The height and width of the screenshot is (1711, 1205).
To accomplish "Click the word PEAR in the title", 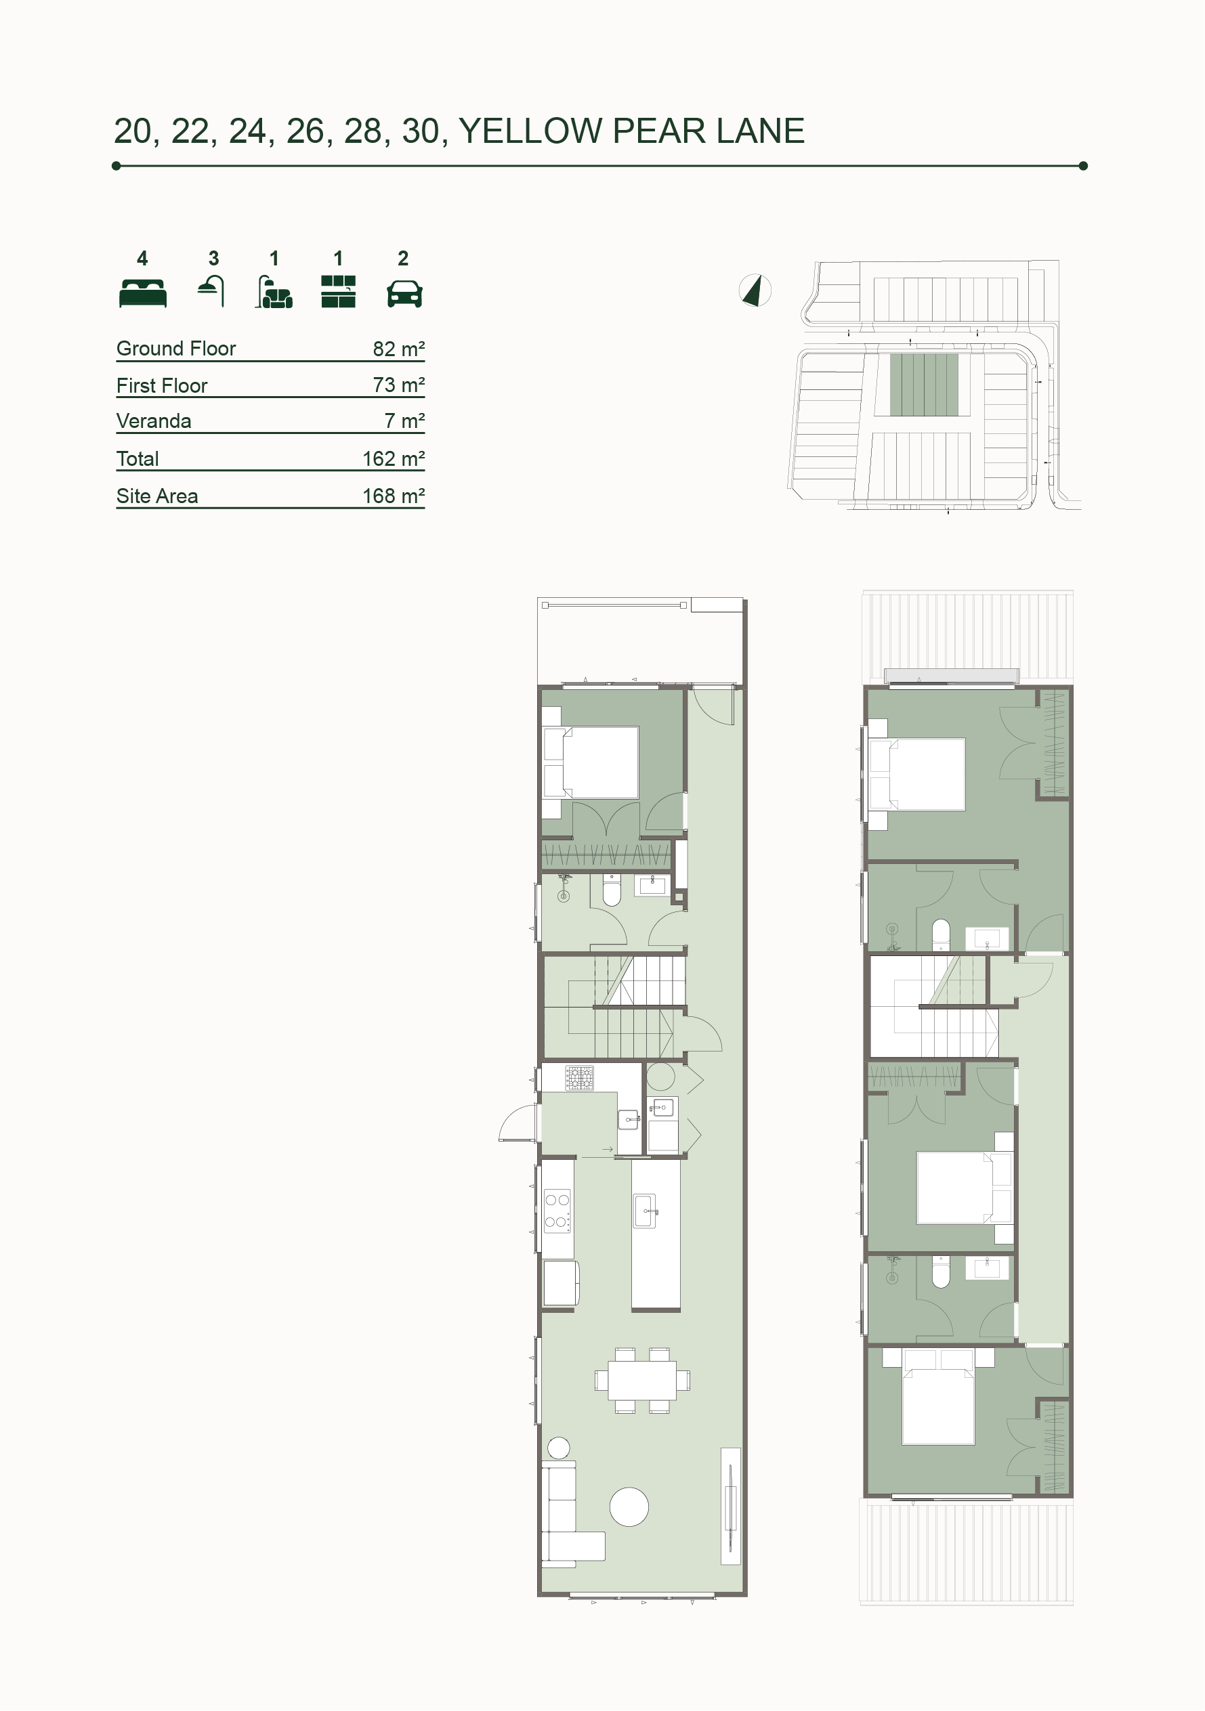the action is pyautogui.click(x=658, y=131).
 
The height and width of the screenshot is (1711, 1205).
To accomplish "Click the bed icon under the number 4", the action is pyautogui.click(x=142, y=293).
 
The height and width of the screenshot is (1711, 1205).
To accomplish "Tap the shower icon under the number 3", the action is pyautogui.click(x=212, y=290).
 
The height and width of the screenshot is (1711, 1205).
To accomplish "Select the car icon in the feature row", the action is pyautogui.click(x=405, y=294).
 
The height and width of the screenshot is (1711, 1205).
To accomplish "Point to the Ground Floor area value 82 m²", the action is pyautogui.click(x=399, y=349).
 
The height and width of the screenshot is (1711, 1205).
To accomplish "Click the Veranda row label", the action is pyautogui.click(x=154, y=421).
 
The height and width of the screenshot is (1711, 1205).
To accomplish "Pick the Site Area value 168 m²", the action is pyautogui.click(x=394, y=496).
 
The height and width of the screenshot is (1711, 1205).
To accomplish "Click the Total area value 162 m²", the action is pyautogui.click(x=394, y=459).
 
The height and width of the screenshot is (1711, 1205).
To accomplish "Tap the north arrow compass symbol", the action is pyautogui.click(x=755, y=290).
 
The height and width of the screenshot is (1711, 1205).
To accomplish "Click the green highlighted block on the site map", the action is pyautogui.click(x=924, y=385).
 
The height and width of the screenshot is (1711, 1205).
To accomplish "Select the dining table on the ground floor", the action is pyautogui.click(x=642, y=1381).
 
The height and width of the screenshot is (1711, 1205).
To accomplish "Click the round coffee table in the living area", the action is pyautogui.click(x=629, y=1507).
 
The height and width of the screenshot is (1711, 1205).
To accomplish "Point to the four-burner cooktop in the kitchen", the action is pyautogui.click(x=557, y=1211).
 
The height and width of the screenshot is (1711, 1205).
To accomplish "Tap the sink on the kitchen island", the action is pyautogui.click(x=645, y=1211).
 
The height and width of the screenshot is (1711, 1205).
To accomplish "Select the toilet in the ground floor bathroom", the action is pyautogui.click(x=612, y=890).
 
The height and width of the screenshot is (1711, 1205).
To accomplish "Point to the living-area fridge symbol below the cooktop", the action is pyautogui.click(x=561, y=1283).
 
